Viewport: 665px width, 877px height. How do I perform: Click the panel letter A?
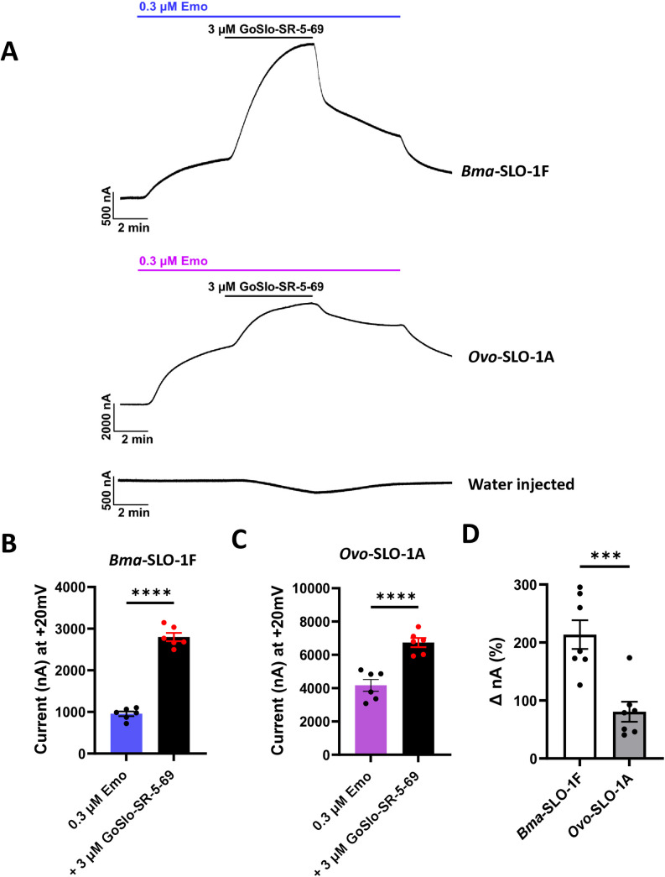(12, 52)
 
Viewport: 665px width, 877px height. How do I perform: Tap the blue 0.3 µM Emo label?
(171, 6)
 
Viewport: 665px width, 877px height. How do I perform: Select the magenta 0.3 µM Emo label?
(172, 259)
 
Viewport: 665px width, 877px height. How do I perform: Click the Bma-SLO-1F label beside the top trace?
(499, 170)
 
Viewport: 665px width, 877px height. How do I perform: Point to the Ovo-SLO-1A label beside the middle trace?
(498, 356)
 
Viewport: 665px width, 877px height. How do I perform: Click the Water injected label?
(520, 483)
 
